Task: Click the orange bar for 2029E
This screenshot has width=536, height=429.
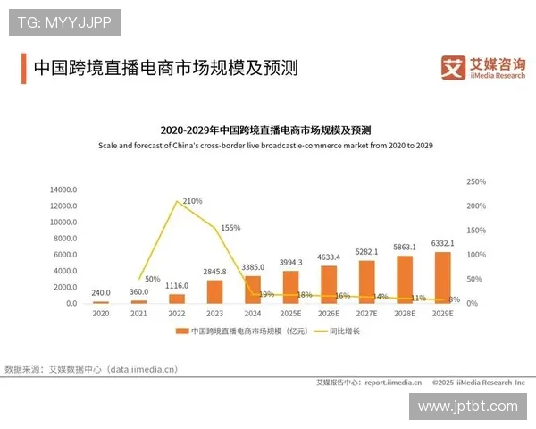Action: coord(443,278)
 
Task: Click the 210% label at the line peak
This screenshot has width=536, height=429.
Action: coord(192,201)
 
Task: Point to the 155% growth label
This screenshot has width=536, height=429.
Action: coord(230,228)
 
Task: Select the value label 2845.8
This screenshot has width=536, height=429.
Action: coord(214,271)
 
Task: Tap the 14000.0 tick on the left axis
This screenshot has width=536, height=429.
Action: coord(64,189)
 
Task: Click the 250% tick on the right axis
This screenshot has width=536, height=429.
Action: coord(477,181)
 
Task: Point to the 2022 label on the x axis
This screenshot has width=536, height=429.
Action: coord(176,314)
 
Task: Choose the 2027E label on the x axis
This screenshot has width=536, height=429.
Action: coord(366,314)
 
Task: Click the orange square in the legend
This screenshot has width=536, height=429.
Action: coord(182,331)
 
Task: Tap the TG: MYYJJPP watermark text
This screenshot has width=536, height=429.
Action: coord(64,22)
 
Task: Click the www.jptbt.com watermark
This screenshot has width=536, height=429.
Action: coord(467,407)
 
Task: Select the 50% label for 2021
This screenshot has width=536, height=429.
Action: coord(153,279)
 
